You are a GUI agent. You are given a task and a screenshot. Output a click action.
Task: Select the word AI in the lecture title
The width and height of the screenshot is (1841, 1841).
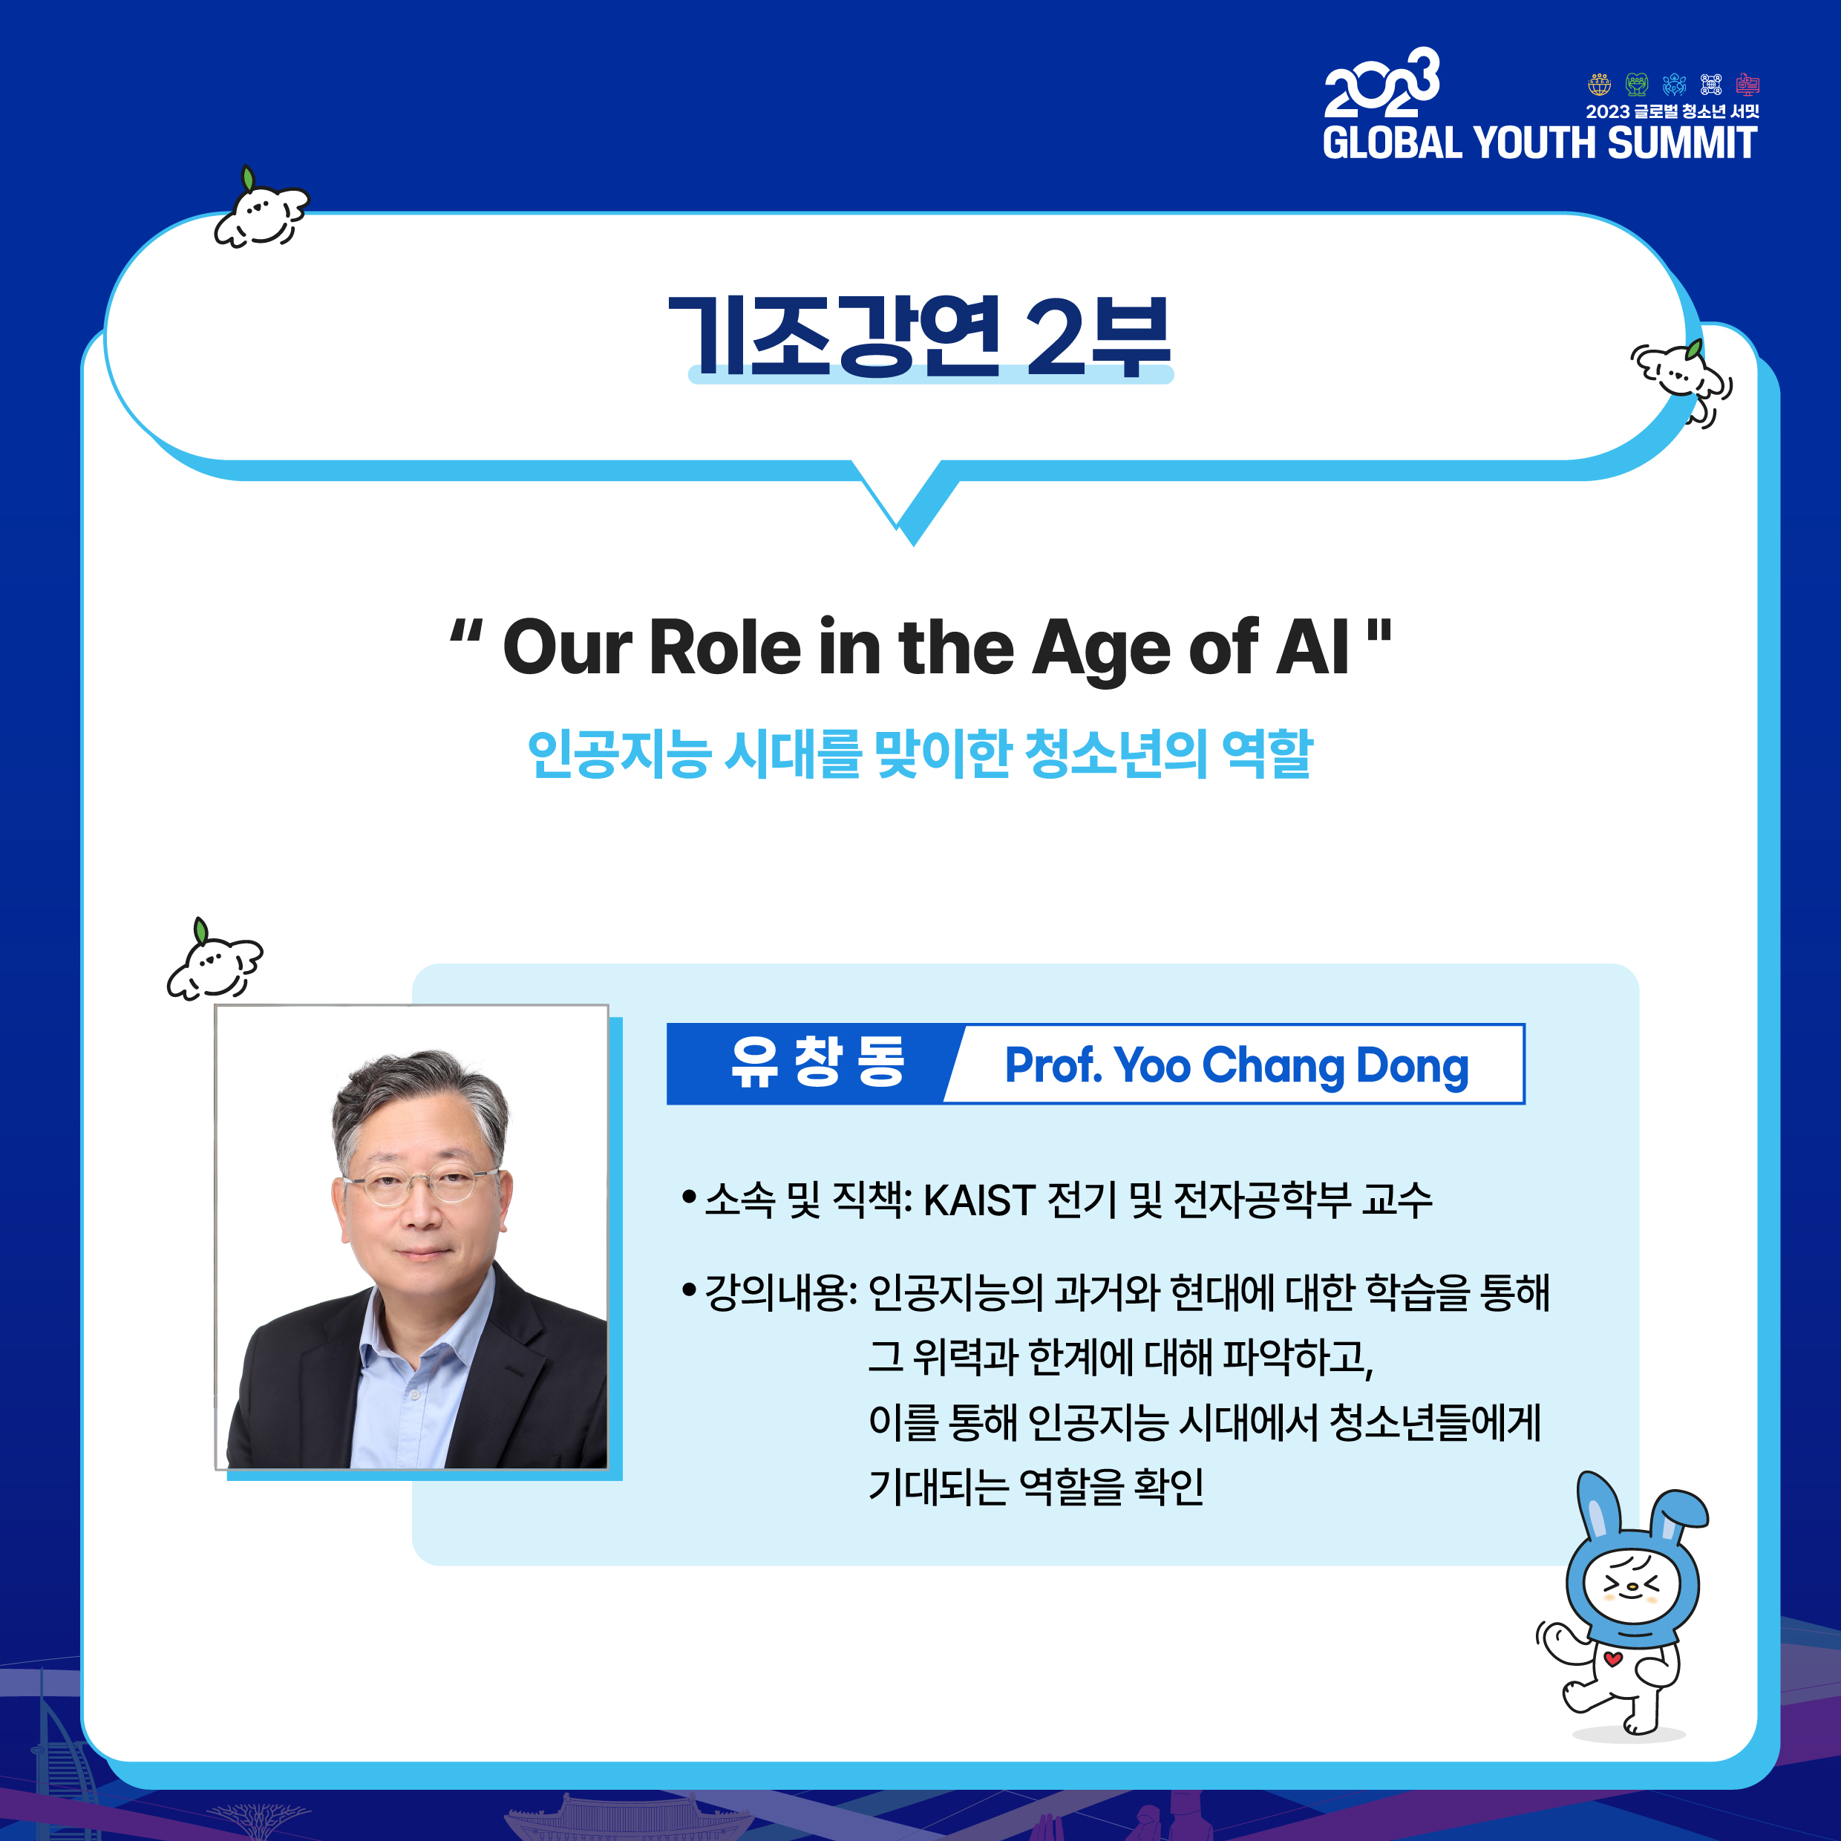tap(1314, 647)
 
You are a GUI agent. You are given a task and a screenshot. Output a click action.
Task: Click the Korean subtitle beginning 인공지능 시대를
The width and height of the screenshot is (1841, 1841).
tap(920, 753)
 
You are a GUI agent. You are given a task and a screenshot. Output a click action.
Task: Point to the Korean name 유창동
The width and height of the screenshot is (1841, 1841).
tap(817, 1062)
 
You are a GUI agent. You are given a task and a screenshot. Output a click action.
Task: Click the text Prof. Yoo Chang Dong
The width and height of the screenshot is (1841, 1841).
tap(1237, 1065)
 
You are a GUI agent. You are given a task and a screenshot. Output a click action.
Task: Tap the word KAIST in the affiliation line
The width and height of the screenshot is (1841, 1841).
tap(980, 1200)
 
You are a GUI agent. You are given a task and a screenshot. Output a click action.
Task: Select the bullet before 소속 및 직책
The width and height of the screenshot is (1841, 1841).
tap(689, 1197)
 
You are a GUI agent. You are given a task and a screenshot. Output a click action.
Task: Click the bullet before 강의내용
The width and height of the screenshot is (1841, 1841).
tap(689, 1291)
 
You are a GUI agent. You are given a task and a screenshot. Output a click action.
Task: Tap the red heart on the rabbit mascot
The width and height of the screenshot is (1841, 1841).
tap(1612, 1659)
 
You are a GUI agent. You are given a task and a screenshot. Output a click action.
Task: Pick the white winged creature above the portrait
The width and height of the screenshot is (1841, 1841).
tap(215, 961)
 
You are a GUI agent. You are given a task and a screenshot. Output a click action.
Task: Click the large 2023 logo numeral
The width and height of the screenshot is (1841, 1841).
tap(1381, 84)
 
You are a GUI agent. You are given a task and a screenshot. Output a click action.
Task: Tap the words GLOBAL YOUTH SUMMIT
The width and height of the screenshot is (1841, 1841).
tap(1540, 143)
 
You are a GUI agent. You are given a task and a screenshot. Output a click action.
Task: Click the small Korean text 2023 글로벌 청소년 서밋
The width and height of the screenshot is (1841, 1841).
tap(1672, 111)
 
